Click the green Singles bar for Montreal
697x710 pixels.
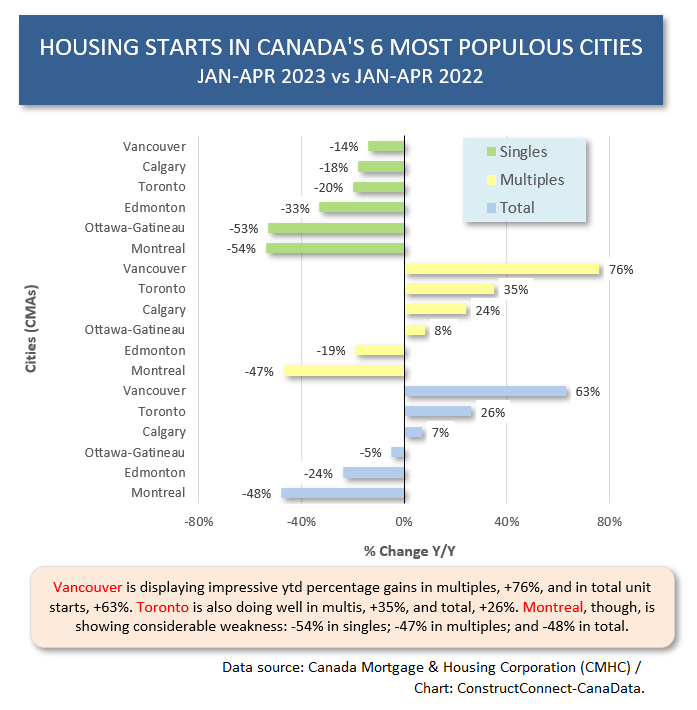pos(335,248)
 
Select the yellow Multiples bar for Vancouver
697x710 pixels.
pos(502,269)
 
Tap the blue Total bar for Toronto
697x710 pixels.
pos(438,411)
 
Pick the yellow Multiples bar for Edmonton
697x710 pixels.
pos(380,350)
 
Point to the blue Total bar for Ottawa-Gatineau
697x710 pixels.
pos(398,452)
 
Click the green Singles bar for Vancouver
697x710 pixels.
pos(386,146)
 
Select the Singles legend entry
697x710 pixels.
pos(516,152)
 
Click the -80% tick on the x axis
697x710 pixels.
pos(198,521)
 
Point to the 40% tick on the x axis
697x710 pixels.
pos(507,521)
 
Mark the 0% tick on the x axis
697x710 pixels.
pos(404,521)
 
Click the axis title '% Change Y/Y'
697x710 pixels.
pos(404,551)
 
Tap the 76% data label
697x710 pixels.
pos(621,269)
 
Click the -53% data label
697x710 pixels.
pos(243,228)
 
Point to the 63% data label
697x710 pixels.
pos(588,391)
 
